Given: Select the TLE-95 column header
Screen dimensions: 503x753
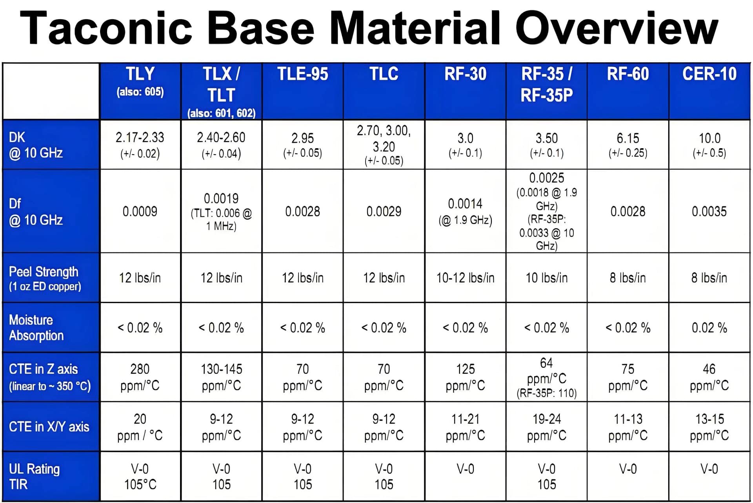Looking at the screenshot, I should click(303, 74).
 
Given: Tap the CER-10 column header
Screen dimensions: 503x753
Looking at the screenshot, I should click(709, 74).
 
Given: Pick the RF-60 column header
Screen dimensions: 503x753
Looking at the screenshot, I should click(628, 74).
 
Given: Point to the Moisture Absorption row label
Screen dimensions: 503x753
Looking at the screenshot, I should click(36, 328).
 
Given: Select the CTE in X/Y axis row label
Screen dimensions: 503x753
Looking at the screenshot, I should click(49, 427).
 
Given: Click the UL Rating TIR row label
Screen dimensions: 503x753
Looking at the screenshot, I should click(34, 476).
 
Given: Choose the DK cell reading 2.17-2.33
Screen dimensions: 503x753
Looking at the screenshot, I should click(140, 144).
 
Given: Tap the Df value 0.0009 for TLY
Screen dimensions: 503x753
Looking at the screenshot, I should click(140, 212).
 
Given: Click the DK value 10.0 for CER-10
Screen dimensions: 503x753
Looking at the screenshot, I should click(709, 144).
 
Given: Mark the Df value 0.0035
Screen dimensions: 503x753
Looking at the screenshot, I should click(709, 212).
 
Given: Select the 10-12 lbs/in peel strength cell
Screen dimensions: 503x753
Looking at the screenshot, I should click(465, 278).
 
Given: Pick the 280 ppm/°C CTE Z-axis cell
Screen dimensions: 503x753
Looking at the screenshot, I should click(140, 377).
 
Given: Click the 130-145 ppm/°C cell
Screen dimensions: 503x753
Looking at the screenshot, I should click(221, 377).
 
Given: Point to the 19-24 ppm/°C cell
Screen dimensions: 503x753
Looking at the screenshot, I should click(547, 427).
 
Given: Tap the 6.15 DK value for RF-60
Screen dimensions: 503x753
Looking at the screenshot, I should click(628, 144).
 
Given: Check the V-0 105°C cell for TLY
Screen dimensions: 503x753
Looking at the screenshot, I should click(140, 477).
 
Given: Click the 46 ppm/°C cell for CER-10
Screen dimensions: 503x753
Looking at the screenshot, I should click(709, 377).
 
